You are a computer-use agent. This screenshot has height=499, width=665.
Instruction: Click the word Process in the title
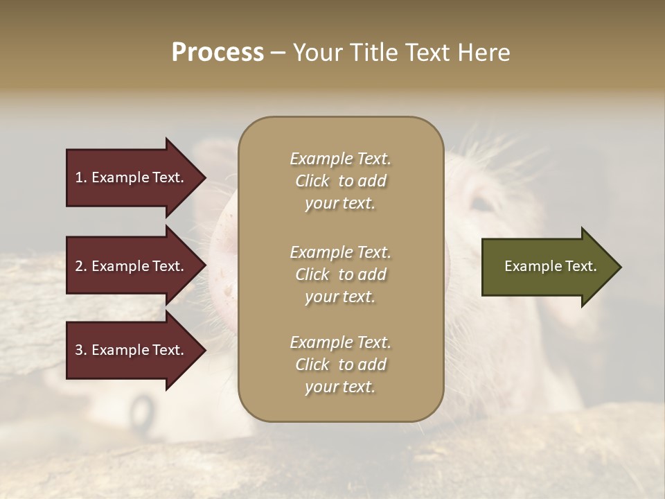pos(218,53)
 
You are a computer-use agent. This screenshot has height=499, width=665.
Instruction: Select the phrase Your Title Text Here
pos(401,53)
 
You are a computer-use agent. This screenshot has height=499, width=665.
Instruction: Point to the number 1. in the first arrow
pos(81,177)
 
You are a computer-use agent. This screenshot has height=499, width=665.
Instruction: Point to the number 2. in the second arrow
pos(81,266)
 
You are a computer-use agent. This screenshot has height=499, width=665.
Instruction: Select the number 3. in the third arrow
pos(81,350)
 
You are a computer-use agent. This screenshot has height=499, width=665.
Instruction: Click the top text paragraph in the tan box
pos(340,181)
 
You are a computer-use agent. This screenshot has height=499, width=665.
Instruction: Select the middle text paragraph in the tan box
pos(340,274)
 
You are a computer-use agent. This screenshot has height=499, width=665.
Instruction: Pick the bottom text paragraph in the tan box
pos(340,365)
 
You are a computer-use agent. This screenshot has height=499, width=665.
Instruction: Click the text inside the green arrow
pos(550,266)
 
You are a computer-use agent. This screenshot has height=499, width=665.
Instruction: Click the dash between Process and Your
pos(278,53)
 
